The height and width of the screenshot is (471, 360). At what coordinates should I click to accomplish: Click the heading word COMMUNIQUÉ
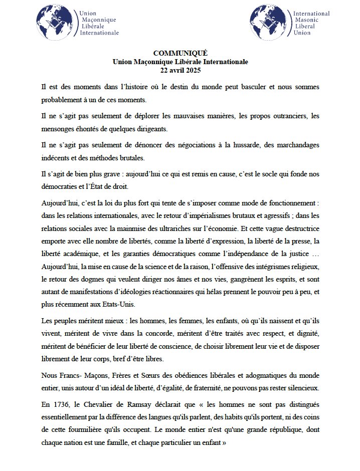click(x=179, y=53)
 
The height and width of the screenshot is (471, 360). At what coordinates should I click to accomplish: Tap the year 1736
click(x=61, y=404)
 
